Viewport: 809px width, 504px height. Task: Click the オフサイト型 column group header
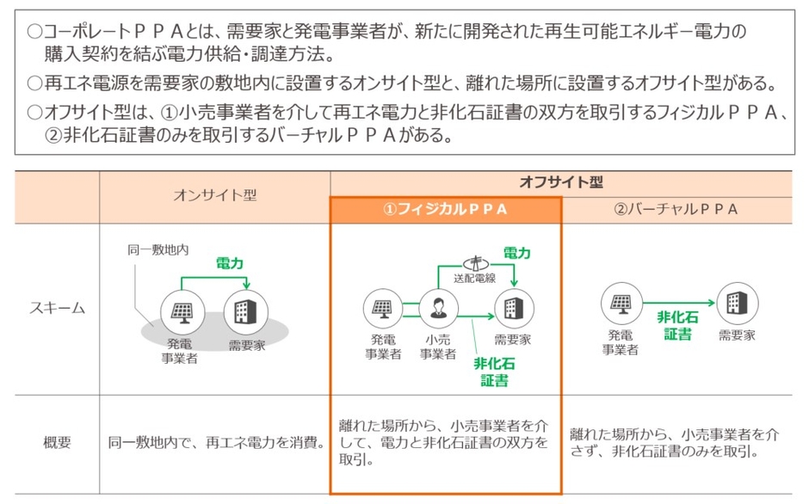coord(560,183)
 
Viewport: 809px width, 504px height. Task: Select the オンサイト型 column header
coord(214,196)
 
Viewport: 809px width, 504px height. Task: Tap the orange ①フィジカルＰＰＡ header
coord(445,209)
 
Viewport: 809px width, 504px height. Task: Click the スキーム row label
coord(58,308)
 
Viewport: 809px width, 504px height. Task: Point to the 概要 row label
coord(58,444)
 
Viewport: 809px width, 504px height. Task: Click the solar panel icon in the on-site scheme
coord(182,311)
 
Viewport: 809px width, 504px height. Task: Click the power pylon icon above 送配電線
coord(472,262)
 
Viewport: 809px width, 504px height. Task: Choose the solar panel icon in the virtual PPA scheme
coord(621,303)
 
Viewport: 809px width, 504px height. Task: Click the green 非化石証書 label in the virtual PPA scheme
coord(677,326)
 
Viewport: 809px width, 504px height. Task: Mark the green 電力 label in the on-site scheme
coord(228,264)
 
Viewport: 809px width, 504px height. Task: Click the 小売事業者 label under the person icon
coord(439,347)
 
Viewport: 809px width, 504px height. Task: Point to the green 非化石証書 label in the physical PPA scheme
coord(494,371)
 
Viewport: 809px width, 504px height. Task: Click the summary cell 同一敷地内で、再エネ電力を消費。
coord(215,444)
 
